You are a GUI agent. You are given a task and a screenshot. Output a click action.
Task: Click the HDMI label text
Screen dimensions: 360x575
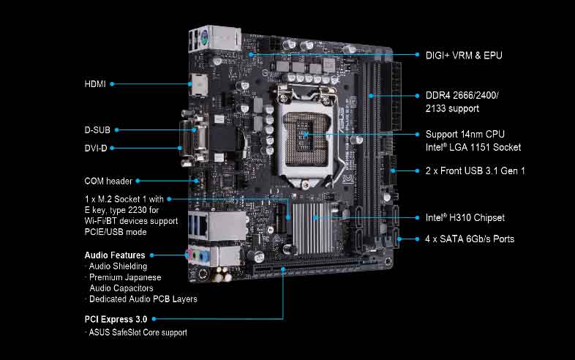point(95,84)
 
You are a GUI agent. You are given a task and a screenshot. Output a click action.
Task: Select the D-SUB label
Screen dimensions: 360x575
point(97,130)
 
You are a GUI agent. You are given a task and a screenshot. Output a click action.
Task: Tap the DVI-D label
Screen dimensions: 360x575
point(96,148)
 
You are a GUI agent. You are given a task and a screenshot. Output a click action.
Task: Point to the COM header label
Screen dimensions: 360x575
point(108,180)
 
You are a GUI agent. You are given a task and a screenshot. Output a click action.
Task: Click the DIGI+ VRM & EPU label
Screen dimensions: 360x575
point(464,55)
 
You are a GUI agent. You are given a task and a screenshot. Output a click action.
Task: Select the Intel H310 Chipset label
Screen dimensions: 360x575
point(465,217)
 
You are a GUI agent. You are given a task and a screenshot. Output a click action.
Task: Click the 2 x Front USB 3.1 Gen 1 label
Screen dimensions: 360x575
point(475,170)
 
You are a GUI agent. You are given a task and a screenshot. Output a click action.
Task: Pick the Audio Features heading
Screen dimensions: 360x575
point(115,255)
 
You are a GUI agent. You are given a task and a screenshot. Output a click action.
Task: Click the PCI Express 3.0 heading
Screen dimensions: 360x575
point(116,319)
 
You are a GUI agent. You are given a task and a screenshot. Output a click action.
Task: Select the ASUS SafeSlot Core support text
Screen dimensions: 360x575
point(138,332)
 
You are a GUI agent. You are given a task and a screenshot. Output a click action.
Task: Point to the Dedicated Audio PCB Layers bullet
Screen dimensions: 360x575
point(143,299)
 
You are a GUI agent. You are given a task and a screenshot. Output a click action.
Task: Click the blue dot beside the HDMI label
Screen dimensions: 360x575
point(112,84)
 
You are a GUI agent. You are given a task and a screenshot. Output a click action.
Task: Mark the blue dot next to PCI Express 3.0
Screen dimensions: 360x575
point(154,319)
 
